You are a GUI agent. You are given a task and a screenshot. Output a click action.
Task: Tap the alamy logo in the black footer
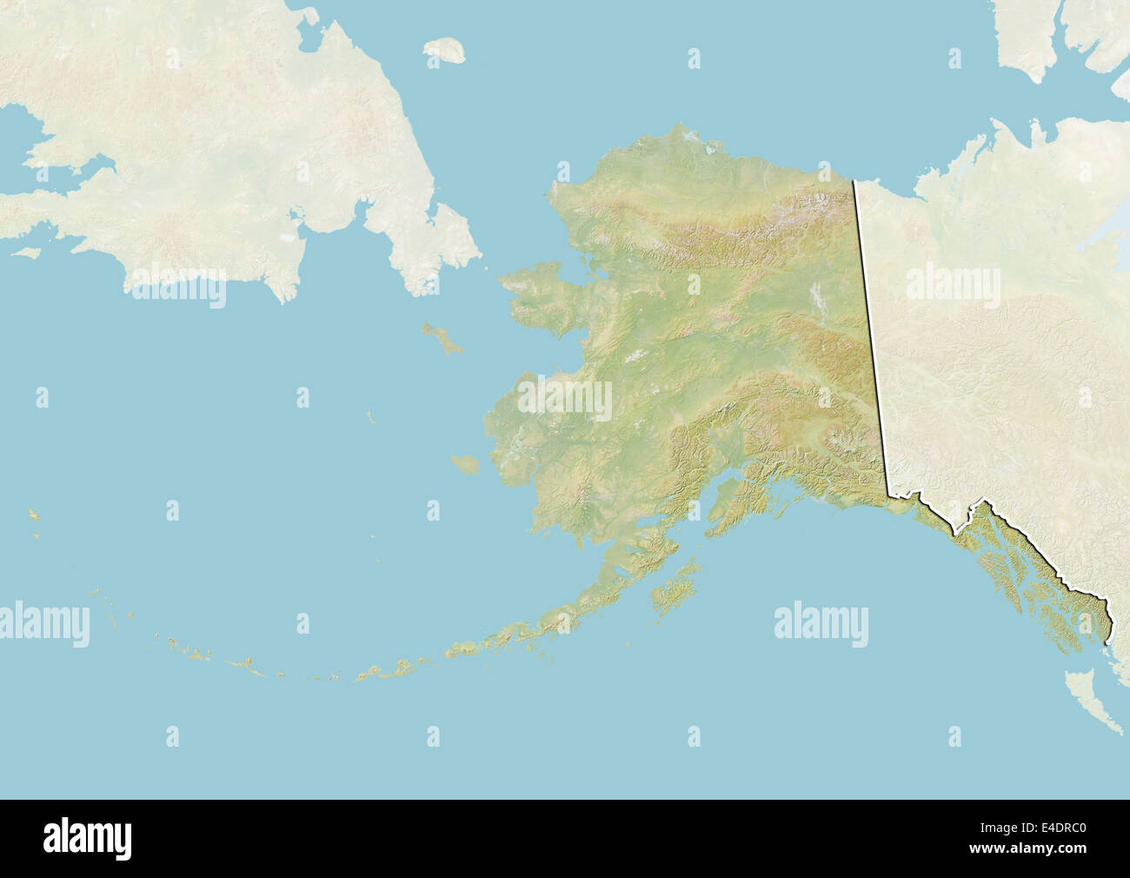tap(87, 839)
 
